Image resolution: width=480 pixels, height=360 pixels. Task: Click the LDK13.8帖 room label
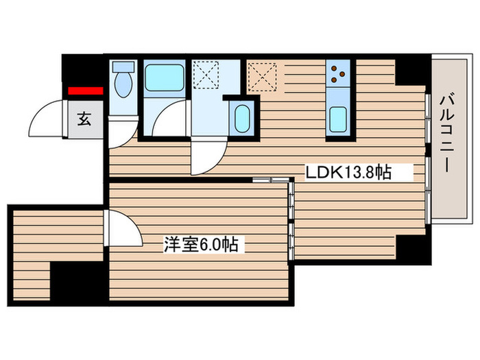[x=348, y=172]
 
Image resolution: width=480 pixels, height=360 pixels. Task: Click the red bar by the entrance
[x=84, y=90]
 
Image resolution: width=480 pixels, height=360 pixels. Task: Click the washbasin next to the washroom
[x=241, y=118]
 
